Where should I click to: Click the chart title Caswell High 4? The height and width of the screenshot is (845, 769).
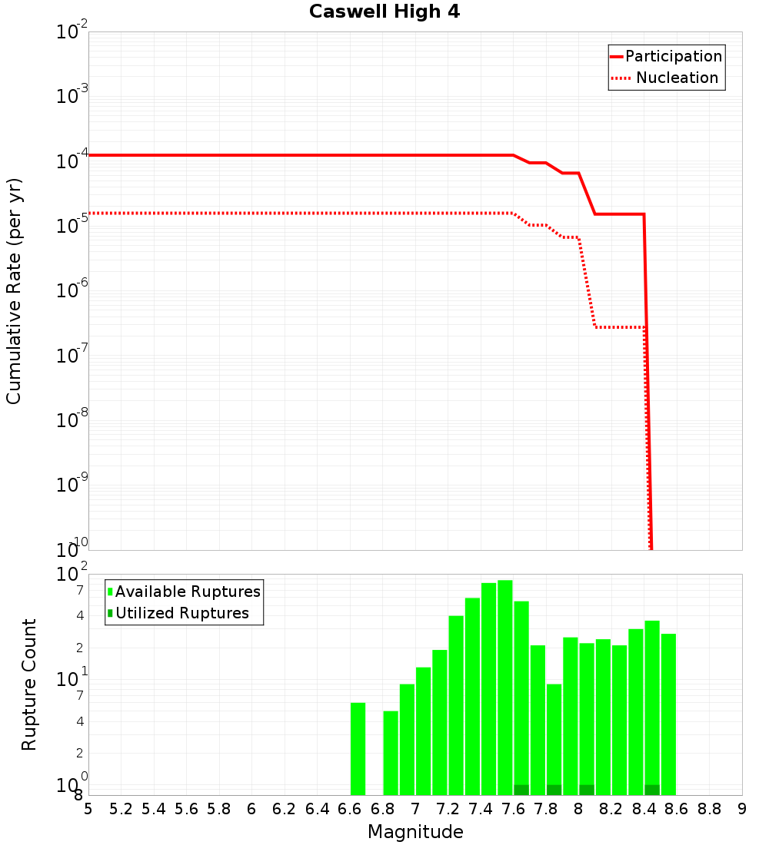coord(384,12)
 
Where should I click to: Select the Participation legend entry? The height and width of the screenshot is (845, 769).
coord(673,56)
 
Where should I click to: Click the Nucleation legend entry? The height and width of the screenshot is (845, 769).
coord(676,78)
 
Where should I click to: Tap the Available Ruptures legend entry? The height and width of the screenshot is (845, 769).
coord(188,591)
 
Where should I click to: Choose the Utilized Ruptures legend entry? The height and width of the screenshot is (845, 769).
coord(181,613)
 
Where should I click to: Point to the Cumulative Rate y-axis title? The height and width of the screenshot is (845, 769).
coord(14,290)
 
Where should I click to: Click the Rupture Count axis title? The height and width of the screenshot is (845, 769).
coord(29,684)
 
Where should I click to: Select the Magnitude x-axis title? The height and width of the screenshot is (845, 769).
coord(415,832)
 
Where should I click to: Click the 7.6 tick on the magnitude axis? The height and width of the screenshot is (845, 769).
coord(513,809)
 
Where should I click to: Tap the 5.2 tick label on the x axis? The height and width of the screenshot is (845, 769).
coord(121,809)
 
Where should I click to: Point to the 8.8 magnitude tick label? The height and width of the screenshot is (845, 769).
coord(709,809)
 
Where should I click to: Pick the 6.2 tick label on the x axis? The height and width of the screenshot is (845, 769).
coord(285,809)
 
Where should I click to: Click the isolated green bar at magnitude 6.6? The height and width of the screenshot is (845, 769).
coord(358,749)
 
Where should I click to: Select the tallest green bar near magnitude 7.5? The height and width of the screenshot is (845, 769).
coord(504,688)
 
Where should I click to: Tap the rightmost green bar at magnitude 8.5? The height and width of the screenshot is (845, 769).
coord(668,714)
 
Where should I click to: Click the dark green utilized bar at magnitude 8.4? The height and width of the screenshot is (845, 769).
coord(652,790)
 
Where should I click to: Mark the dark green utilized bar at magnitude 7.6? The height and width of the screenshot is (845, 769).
coord(521,790)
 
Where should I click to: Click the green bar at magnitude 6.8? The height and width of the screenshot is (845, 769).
coord(391,753)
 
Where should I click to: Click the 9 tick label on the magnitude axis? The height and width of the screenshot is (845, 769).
coord(741,809)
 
